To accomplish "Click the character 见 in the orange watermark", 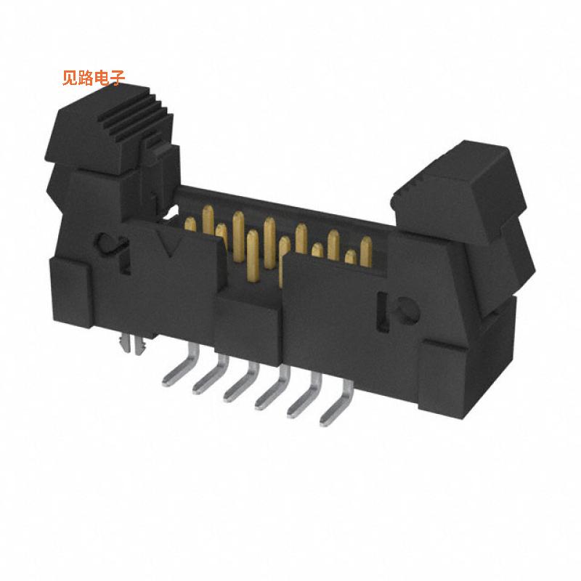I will [70, 78].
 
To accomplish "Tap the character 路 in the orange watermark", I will [86, 78].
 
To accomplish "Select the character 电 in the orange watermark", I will [102, 78].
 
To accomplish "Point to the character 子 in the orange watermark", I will [118, 78].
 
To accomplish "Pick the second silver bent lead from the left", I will [208, 378].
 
